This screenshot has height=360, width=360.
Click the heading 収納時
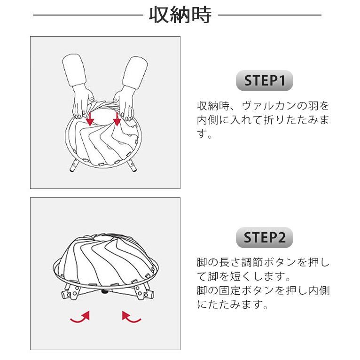coord(180,15)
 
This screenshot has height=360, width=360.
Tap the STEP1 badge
coord(265,80)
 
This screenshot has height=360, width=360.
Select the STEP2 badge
coord(265,237)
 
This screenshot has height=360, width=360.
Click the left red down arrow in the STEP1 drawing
coord(90,119)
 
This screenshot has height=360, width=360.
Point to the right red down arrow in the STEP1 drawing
coord(117,119)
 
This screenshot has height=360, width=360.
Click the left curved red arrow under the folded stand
coord(81,318)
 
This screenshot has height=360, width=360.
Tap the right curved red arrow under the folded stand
coord(131,318)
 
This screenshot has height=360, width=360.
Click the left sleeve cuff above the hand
coord(74,70)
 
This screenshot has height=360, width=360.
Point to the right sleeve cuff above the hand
coord(135,72)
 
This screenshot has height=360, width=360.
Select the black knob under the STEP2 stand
coord(105,291)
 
